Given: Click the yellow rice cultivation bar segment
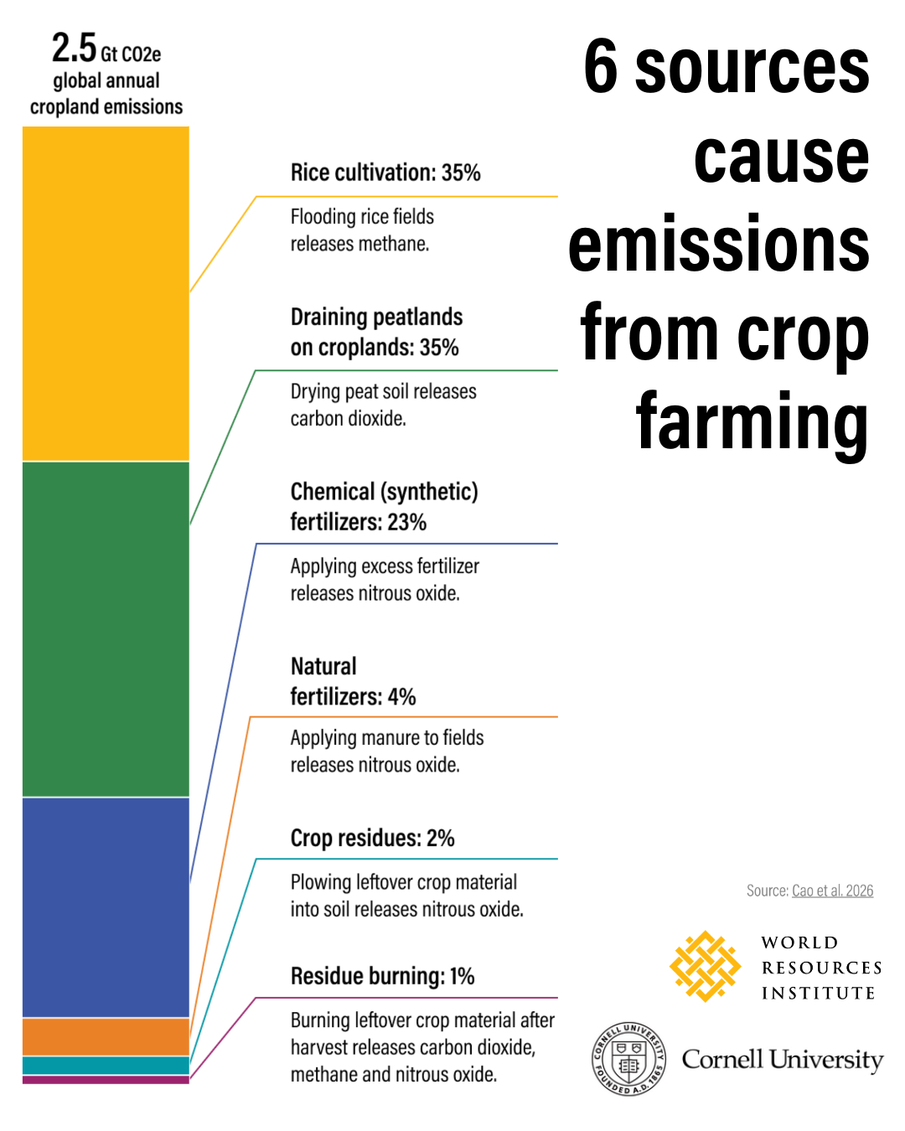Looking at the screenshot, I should pos(106,293).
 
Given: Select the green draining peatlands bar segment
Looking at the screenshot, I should pos(106,628).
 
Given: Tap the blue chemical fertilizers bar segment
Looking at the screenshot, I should pos(106,906).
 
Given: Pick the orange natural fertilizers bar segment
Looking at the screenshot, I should pos(106,1036).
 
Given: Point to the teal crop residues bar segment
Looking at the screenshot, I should pos(106,1065).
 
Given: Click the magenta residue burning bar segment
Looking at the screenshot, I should pos(106,1080).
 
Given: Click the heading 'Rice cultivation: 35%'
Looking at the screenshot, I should pos(385,173).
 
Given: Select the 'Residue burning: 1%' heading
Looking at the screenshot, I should pos(382,976).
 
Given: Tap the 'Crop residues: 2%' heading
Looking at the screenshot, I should pos(372,838).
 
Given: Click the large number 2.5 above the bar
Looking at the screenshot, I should pos(74,49).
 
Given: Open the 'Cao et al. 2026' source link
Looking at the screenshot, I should pos(832,891).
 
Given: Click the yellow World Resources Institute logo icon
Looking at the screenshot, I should pos(705,966).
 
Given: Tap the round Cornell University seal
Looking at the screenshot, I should pos(629,1058).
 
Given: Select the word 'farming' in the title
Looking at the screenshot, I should pos(752,422).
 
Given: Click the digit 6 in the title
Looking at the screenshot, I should pos(601,67).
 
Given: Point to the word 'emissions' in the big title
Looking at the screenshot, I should pos(719,245).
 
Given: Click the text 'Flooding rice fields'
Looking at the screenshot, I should pos(362,217).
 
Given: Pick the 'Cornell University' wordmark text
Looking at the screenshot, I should pos(783,1060).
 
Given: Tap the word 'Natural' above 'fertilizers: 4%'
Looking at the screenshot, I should pos(323,666).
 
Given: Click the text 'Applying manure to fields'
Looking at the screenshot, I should pos(387,738).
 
